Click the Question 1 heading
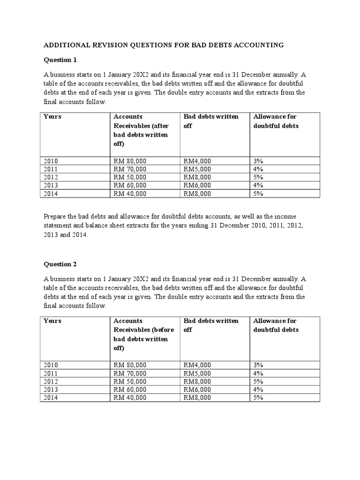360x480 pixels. coord(60,60)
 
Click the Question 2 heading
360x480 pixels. coord(60,264)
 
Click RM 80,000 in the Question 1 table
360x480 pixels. coord(130,161)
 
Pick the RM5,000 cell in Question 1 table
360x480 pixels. coord(197,169)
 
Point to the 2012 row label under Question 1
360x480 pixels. coord(51,177)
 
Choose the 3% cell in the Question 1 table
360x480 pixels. coord(258,161)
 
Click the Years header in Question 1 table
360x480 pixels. coord(52,117)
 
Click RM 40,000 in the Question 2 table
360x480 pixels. coord(130,397)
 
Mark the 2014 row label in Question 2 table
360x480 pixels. coord(51,397)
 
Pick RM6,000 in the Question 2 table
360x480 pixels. coord(197,390)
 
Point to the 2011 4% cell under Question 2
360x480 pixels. coord(258,373)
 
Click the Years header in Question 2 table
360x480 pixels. coord(52,321)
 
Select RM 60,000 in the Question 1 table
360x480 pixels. coord(130,185)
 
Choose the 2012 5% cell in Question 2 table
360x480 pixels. coord(258,381)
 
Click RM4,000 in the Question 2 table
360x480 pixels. coord(197,365)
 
